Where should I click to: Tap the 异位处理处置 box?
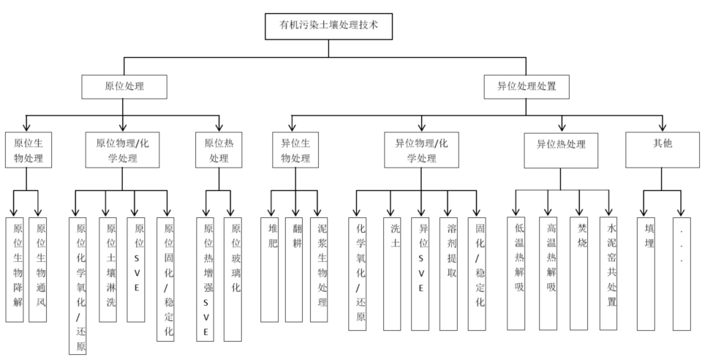coord(526,86)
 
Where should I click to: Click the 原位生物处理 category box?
coord(28,149)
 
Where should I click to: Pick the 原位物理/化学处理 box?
coord(121,149)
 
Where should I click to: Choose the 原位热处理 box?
coord(219,149)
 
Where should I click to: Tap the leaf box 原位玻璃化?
coord(233,278)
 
